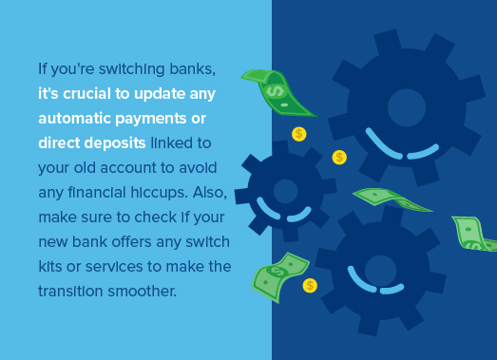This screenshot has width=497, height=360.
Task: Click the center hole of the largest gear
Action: coord(407,107)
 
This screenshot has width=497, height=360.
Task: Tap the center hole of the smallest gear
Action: coord(286,191)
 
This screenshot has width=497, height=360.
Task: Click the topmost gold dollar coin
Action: coord(299,134)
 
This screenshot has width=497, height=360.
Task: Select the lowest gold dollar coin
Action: coord(310,285)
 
